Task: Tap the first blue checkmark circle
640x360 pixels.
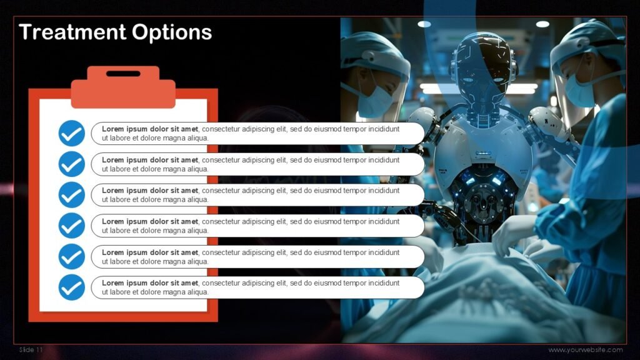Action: [72, 133]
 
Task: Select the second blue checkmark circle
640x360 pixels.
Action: [72, 164]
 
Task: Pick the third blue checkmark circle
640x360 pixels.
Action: [72, 194]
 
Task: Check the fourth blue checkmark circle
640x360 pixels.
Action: [72, 225]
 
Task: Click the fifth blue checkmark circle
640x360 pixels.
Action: [72, 256]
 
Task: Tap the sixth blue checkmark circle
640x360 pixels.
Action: [72, 287]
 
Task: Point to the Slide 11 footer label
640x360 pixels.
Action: [31, 350]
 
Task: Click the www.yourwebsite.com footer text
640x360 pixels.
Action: [585, 350]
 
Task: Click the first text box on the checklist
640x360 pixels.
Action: [257, 133]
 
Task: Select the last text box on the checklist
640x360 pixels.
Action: [257, 287]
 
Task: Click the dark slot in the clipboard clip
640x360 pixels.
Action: [123, 74]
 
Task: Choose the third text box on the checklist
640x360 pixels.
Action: [257, 194]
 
